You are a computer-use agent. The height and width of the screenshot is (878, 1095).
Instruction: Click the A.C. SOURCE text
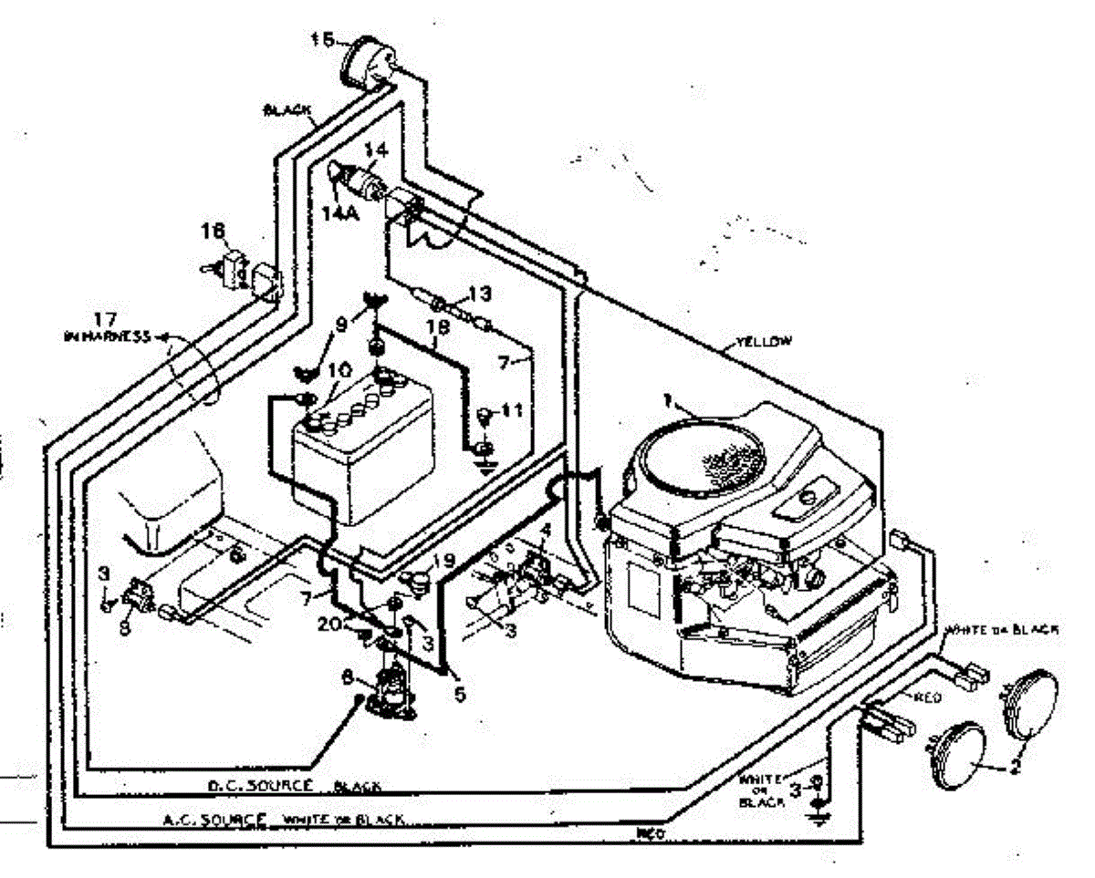click(x=214, y=818)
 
